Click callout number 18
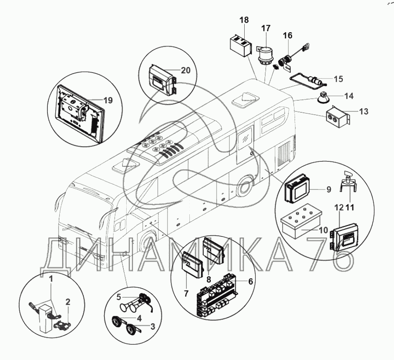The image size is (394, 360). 244,19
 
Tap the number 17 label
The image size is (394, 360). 266,28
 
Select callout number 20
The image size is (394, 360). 186,71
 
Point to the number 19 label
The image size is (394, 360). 108,100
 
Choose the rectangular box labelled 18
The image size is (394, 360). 241,47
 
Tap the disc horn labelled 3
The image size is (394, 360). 132,329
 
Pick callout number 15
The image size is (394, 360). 338,79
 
